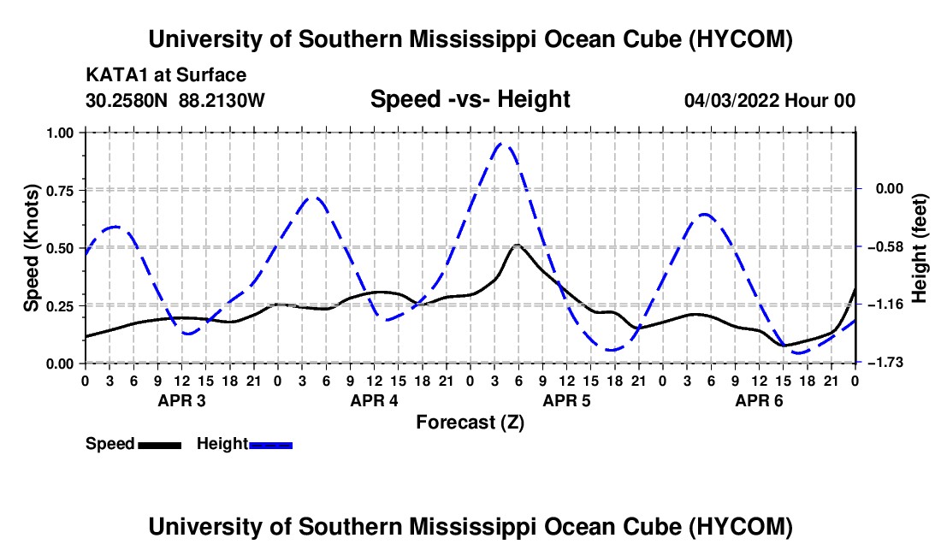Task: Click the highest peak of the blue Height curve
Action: (501, 144)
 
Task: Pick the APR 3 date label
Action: (182, 400)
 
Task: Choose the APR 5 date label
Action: (566, 400)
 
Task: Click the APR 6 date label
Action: (759, 400)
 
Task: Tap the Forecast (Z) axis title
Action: (470, 423)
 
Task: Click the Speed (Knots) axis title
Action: (31, 248)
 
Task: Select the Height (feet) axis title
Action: (919, 248)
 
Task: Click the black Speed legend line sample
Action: (160, 445)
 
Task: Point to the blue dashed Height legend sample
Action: (270, 445)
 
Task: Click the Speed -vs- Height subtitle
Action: (470, 99)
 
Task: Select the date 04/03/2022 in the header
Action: (731, 100)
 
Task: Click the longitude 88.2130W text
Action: (222, 100)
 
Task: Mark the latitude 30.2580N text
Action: (127, 100)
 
